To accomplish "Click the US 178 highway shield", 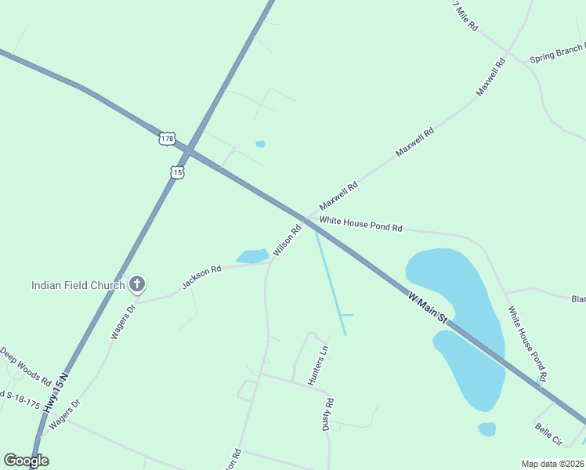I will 166,139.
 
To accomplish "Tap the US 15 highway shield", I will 178,172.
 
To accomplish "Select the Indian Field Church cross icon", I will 137,284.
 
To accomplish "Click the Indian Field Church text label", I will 78,285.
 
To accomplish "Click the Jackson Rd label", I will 202,276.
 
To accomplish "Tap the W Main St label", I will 427,307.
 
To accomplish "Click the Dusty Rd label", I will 328,414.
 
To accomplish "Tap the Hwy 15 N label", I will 56,392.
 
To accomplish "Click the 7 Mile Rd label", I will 465,15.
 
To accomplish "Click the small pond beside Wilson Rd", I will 252,256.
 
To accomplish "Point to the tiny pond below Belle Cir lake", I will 487,428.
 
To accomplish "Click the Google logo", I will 26,461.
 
